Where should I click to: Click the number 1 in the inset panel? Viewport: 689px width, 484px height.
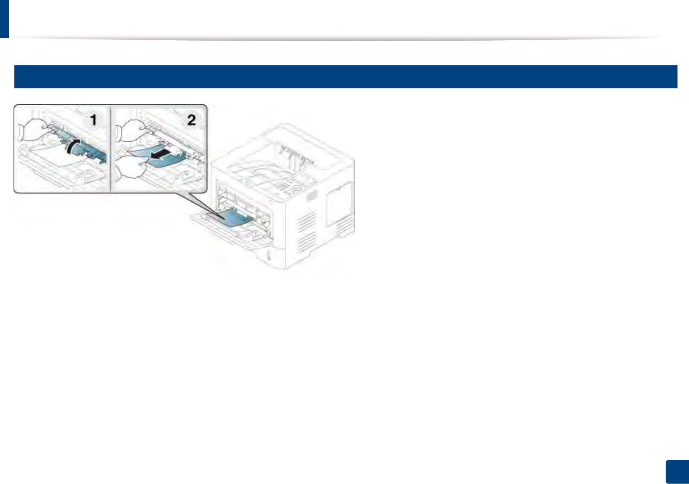click(94, 120)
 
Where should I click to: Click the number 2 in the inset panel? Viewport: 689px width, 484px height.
click(191, 120)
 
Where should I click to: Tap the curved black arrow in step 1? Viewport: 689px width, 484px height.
click(73, 145)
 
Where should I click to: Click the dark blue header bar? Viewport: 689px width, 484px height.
click(345, 77)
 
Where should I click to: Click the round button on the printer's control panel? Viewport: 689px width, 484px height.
click(296, 188)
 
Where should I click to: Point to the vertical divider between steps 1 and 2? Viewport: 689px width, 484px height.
click(111, 149)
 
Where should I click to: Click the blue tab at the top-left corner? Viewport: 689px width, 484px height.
click(4, 18)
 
